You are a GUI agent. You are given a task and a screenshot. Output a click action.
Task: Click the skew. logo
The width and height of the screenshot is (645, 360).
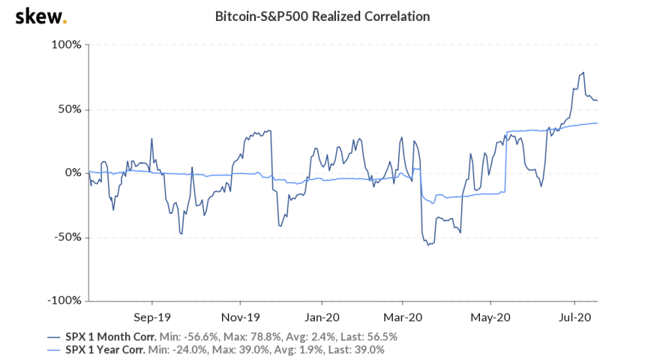click(40, 16)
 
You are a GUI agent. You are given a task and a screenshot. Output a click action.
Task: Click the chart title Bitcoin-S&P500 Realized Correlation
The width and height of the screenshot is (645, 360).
click(322, 16)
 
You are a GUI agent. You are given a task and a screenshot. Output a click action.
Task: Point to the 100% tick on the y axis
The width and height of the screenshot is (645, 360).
click(66, 45)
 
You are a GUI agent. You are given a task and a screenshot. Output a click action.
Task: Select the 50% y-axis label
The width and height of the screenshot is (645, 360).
click(69, 109)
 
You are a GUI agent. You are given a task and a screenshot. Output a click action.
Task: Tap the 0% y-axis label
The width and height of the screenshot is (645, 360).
click(72, 173)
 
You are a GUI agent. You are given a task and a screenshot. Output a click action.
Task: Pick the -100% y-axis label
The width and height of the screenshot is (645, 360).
click(64, 301)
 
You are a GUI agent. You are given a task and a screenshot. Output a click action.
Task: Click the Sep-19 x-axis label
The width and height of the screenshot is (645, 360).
click(148, 317)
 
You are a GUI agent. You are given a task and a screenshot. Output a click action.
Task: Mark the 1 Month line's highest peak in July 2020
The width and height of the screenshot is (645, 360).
click(583, 73)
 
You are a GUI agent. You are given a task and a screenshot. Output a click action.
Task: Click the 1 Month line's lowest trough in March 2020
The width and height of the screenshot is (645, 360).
click(428, 245)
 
